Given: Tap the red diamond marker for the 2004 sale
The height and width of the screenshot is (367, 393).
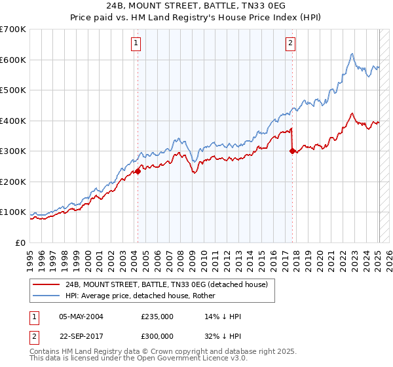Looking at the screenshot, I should click(138, 171).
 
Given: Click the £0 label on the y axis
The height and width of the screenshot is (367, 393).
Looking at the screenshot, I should click(21, 242).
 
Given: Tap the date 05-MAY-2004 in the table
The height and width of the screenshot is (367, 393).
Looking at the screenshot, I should click(81, 317).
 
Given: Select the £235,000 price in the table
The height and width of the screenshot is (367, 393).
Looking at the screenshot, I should click(157, 317).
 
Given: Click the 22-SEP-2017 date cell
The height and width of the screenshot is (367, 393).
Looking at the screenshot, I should click(81, 335).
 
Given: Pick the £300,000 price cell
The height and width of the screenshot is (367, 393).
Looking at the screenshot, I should click(157, 335).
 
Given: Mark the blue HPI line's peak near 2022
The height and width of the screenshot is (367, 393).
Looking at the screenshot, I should click(352, 54).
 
